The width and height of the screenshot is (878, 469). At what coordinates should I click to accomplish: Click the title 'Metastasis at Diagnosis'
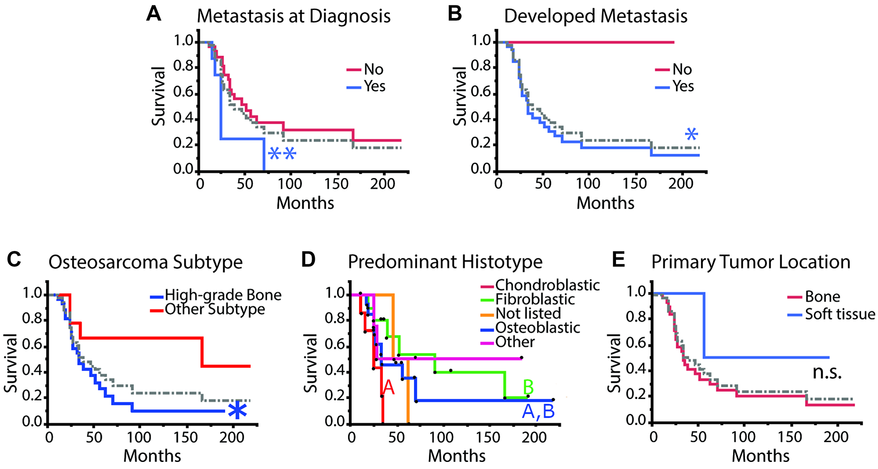(x=293, y=16)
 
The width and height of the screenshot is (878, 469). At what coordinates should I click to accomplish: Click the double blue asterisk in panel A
(x=282, y=154)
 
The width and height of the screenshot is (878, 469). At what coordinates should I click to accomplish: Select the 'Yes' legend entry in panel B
(x=683, y=86)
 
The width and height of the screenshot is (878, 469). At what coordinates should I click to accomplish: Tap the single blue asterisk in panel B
(x=691, y=134)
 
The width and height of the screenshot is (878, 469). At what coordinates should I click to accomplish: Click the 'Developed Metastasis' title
(x=595, y=16)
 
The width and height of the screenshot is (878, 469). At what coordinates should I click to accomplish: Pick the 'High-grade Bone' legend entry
(x=223, y=295)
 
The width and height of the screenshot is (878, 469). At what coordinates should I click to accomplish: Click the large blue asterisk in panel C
(x=237, y=411)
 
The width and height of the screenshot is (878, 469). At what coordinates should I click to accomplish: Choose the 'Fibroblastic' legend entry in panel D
(x=535, y=299)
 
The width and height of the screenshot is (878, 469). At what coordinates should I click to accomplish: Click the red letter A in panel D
(x=389, y=388)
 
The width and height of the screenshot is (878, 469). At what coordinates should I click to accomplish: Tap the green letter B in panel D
(x=528, y=388)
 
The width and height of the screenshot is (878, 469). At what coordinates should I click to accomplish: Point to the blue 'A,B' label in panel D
(x=538, y=411)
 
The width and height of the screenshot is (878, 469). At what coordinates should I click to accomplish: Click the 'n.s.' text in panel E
(x=827, y=373)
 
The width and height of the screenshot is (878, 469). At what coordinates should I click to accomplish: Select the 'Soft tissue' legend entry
(x=839, y=314)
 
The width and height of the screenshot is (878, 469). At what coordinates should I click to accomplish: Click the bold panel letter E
(x=618, y=260)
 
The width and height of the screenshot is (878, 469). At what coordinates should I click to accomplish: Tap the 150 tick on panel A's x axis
(x=336, y=184)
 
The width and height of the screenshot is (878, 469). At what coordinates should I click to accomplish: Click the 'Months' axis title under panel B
(x=605, y=203)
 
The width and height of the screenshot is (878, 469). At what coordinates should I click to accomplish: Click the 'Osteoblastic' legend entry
(x=537, y=328)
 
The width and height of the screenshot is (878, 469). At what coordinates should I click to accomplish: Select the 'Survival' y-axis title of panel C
(x=11, y=363)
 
